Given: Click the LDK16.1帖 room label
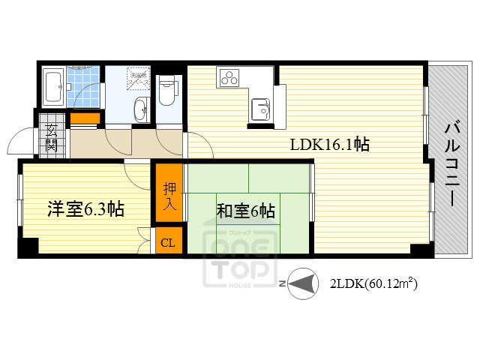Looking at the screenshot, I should (x=329, y=145).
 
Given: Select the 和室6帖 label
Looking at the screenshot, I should (x=245, y=211).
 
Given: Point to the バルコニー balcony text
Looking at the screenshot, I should (x=452, y=163).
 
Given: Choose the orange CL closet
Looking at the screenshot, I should (x=168, y=242).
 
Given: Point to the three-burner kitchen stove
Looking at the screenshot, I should (x=229, y=76).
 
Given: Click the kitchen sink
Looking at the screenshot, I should (x=260, y=107).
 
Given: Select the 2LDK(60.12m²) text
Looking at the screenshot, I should (x=373, y=284).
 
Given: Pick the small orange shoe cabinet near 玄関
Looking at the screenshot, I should (x=85, y=118).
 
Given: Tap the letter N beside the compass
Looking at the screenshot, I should (x=281, y=284).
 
